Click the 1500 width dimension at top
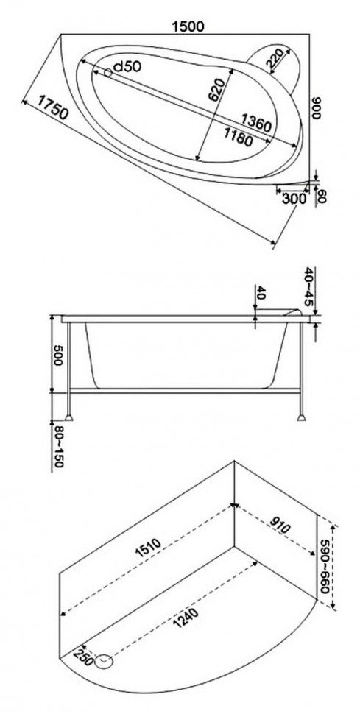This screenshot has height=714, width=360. pyautogui.click(x=188, y=26)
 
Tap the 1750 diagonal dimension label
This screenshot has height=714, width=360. pyautogui.click(x=53, y=107)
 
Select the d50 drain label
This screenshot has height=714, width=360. pyautogui.click(x=127, y=67)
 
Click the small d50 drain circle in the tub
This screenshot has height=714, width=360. pyautogui.click(x=108, y=72)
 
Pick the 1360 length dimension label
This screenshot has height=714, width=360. pyautogui.click(x=256, y=122)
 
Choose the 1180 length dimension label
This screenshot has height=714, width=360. pyautogui.click(x=238, y=137)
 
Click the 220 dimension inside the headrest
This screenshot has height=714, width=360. pyautogui.click(x=276, y=59)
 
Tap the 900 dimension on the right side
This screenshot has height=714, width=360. pyautogui.click(x=317, y=108)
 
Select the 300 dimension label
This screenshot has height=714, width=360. pyautogui.click(x=294, y=199)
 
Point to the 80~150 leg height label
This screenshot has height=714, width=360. pyautogui.click(x=58, y=447)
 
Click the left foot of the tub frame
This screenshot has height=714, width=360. pyautogui.click(x=68, y=417)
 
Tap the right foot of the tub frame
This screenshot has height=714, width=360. pyautogui.click(x=301, y=417)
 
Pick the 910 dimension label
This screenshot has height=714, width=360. pyautogui.click(x=279, y=526)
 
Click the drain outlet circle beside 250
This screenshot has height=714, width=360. pyautogui.click(x=105, y=661)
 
